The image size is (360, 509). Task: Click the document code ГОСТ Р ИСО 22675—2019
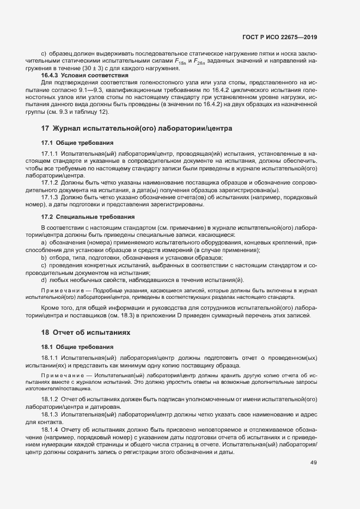click(x=279, y=37)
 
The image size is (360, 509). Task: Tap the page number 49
click(x=313, y=463)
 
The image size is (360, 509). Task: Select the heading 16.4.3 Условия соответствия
click(x=85, y=75)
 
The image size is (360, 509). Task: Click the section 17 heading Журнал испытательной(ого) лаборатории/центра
click(x=137, y=128)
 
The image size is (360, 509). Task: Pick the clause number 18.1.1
click(x=50, y=358)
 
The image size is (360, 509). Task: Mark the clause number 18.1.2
click(x=50, y=399)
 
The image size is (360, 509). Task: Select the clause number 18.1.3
click(x=50, y=414)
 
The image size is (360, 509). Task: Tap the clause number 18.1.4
click(x=50, y=429)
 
